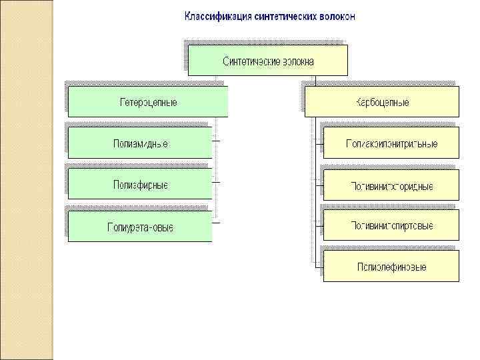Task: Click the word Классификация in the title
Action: click(x=214, y=16)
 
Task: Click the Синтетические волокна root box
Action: click(x=268, y=61)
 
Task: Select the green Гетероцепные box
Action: click(x=148, y=102)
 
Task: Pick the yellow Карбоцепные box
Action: click(x=382, y=102)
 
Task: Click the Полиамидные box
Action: click(x=140, y=143)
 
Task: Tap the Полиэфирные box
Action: click(x=140, y=184)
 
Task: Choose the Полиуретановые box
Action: click(x=140, y=227)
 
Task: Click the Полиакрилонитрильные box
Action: click(x=391, y=143)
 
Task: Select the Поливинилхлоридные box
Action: click(x=391, y=185)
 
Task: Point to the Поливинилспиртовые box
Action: click(x=391, y=226)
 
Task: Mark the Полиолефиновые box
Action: click(x=391, y=267)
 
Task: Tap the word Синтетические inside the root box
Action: click(x=250, y=61)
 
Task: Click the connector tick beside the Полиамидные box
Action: click(x=217, y=141)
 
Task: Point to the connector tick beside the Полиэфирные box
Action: click(x=217, y=181)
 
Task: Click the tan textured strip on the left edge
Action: click(x=26, y=180)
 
